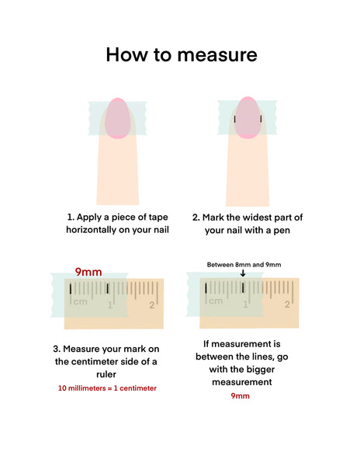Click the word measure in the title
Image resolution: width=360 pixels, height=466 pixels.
[x=217, y=55]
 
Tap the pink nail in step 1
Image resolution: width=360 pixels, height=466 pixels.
[x=118, y=118]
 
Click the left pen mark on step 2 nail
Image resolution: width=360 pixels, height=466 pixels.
[x=235, y=119]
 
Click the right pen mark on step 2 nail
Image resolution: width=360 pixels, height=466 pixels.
[x=261, y=119]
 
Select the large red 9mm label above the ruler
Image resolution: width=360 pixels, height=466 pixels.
[x=88, y=272]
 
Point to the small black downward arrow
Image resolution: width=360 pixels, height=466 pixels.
[x=243, y=273]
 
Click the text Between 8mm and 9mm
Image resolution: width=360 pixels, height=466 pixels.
[x=244, y=265]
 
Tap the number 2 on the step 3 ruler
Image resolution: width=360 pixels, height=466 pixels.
[x=151, y=305]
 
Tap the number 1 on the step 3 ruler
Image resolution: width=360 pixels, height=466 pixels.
[x=110, y=305]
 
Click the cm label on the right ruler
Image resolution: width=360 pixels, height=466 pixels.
[x=216, y=301]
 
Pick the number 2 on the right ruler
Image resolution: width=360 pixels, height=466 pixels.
[x=287, y=304]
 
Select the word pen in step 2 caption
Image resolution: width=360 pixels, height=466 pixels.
[x=282, y=231]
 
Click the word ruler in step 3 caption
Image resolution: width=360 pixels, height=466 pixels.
[x=106, y=374]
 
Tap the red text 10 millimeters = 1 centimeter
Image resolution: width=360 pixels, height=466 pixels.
[x=107, y=388]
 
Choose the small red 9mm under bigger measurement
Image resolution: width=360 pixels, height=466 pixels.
[x=240, y=396]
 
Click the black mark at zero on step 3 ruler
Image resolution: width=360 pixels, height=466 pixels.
[x=71, y=289]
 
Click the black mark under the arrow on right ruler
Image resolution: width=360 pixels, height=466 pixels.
[x=243, y=287]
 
